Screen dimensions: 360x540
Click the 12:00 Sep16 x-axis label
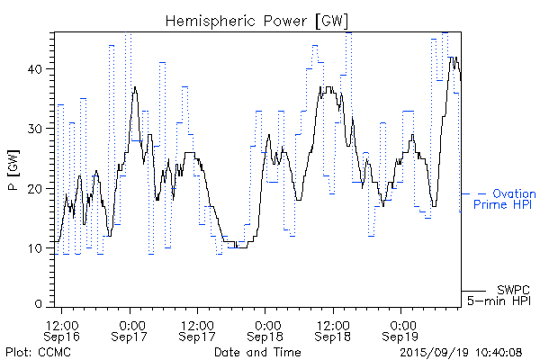[62, 328]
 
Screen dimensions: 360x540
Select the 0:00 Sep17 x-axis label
[130, 328]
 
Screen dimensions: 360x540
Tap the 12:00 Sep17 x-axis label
[197, 328]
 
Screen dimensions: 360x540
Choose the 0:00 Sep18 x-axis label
[265, 328]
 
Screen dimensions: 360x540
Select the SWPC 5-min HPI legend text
[501, 294]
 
